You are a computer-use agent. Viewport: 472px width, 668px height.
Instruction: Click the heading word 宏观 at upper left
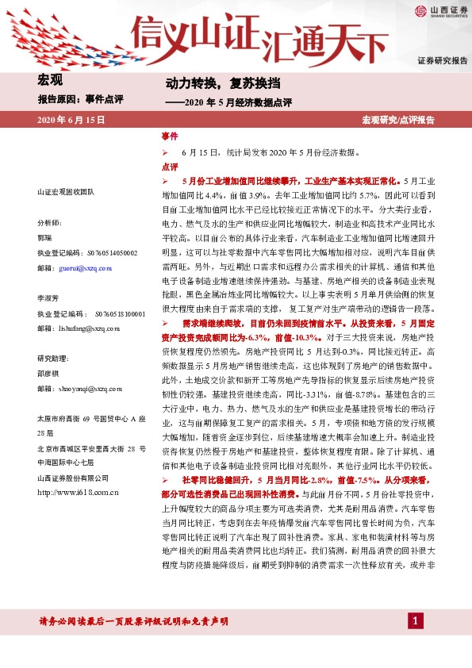coord(49,80)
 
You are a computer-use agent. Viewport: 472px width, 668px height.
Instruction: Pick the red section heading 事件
coord(169,137)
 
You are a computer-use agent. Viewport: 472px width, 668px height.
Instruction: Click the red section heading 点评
coord(169,167)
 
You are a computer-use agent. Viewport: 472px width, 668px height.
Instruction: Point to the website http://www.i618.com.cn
coord(78,493)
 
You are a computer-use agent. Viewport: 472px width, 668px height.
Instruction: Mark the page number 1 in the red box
coord(415,620)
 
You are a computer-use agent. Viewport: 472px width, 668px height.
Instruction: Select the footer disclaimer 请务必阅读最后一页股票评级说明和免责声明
coord(134,620)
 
